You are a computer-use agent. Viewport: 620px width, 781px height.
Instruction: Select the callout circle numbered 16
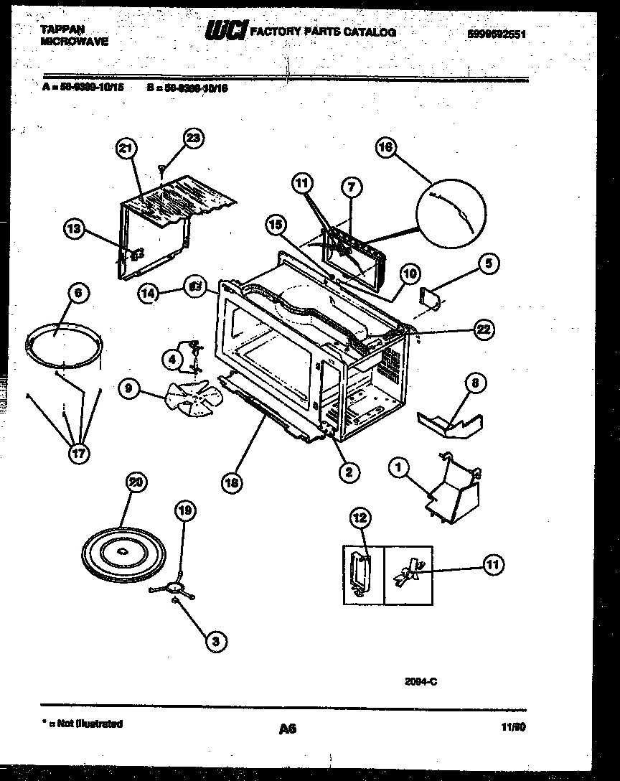coord(386,148)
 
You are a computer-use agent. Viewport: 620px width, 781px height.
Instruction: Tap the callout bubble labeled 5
coord(487,264)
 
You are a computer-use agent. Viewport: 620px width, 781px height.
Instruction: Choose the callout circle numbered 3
coord(213,643)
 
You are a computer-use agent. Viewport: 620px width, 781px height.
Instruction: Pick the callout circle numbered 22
coord(483,329)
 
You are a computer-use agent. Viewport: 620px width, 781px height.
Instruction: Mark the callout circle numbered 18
coord(230,483)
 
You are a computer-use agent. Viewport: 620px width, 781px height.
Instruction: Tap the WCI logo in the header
coord(227,31)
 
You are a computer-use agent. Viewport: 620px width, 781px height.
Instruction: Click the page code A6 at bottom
coord(288,729)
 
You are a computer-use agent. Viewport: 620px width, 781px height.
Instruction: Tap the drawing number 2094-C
coord(421,683)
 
